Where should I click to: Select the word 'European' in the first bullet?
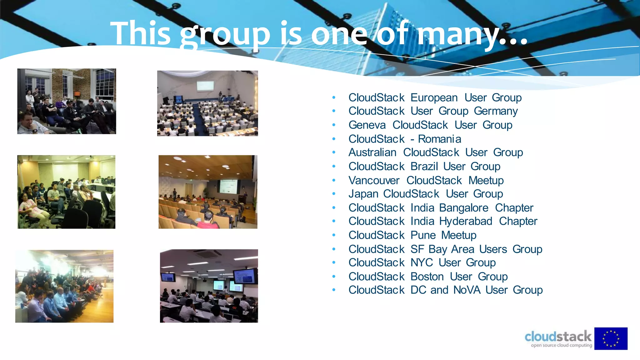(x=434, y=97)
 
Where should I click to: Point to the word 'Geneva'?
(x=367, y=125)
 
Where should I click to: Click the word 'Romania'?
(x=439, y=139)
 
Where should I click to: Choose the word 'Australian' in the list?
(x=372, y=152)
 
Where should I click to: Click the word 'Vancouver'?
(x=374, y=180)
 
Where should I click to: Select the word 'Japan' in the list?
(x=363, y=194)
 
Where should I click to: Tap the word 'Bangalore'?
(x=464, y=208)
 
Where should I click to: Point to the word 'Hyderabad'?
(x=466, y=221)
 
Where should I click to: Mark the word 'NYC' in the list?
(x=422, y=262)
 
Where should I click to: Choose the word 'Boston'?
(x=427, y=277)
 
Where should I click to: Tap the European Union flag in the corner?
(x=611, y=339)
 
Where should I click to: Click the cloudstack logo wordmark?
(x=558, y=337)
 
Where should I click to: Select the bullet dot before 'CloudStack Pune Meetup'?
(x=334, y=235)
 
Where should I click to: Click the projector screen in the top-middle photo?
(x=205, y=85)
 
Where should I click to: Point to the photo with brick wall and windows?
(x=67, y=101)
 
